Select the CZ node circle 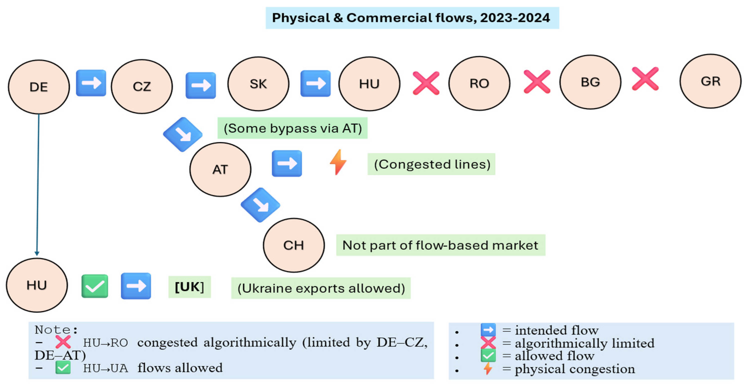click(x=142, y=86)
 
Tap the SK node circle click(x=258, y=84)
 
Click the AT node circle click(x=220, y=169)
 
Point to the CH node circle click(x=294, y=245)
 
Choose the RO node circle click(x=479, y=83)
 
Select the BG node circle click(x=590, y=82)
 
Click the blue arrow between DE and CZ click(x=91, y=83)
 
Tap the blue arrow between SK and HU click(x=315, y=83)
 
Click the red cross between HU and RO click(x=426, y=83)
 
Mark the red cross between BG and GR click(x=645, y=79)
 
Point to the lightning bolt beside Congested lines click(x=338, y=162)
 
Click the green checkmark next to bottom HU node click(x=95, y=286)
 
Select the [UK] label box click(x=189, y=287)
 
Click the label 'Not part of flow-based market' click(x=440, y=245)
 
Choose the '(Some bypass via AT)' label click(x=292, y=128)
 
